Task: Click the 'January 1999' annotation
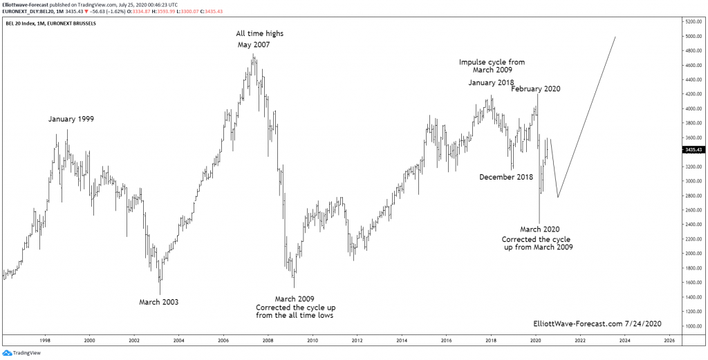point(71,119)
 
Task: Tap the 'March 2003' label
point(158,302)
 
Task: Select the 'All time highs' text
point(259,33)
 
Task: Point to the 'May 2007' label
point(254,45)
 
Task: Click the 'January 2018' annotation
point(491,83)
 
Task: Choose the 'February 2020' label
point(535,88)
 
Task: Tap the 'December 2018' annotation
point(507,177)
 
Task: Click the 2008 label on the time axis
point(268,341)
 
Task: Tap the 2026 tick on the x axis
point(669,341)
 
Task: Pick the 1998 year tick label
point(45,341)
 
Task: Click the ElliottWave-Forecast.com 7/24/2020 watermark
point(597,323)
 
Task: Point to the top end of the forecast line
point(615,37)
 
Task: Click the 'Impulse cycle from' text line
point(492,62)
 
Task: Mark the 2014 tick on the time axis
point(402,341)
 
